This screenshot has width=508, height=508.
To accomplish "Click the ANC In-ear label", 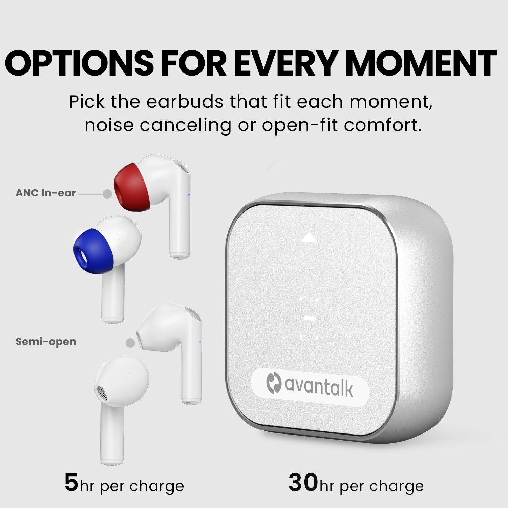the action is coord(46,193).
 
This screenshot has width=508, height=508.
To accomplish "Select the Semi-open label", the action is coord(46,342).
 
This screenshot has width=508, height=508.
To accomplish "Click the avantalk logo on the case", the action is coord(310,386).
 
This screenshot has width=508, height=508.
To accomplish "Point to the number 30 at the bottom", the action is coord(303,483).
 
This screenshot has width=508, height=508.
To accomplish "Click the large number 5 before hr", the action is coord(71,483).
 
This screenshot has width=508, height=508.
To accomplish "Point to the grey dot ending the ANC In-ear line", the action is coord(107,194).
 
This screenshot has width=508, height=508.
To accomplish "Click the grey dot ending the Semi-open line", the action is coord(130,343).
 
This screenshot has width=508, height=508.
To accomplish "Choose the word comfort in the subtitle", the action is coord(383,126).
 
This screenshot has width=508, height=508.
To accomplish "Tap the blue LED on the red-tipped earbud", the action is coord(189,195).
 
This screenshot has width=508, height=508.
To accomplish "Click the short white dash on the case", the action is coord(308,319).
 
